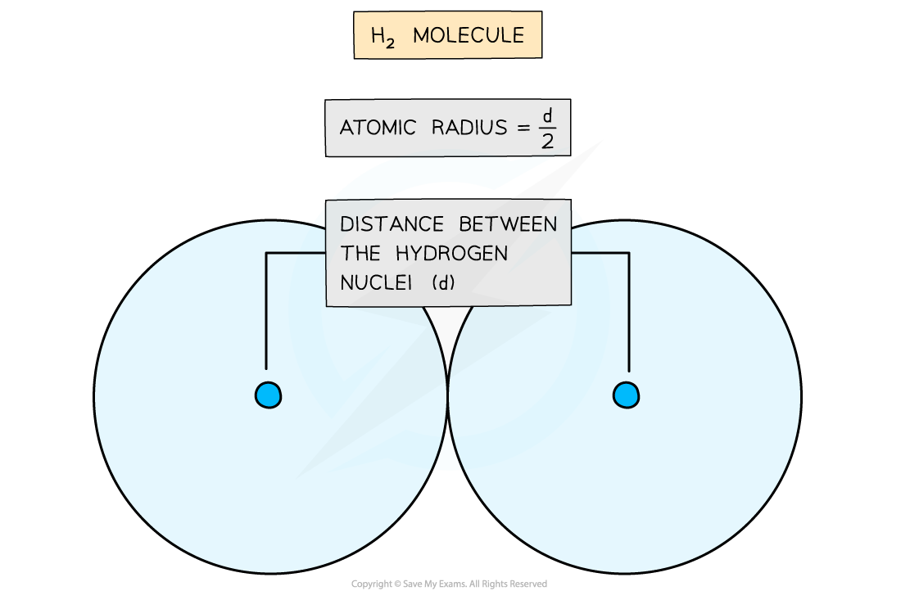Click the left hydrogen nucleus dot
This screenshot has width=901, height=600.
pyautogui.click(x=268, y=395)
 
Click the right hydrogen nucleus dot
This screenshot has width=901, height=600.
pyautogui.click(x=626, y=395)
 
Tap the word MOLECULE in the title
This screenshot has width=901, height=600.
pyautogui.click(x=469, y=35)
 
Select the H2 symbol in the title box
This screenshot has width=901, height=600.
pyautogui.click(x=383, y=38)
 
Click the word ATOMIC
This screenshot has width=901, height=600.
pyautogui.click(x=378, y=128)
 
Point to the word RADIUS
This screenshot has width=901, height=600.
pyautogui.click(x=469, y=128)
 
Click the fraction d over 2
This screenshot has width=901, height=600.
pyautogui.click(x=548, y=129)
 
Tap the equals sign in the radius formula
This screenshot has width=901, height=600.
pyautogui.click(x=523, y=128)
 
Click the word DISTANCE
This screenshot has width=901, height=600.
pyautogui.click(x=392, y=224)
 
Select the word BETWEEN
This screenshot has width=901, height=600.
pyautogui.click(x=508, y=224)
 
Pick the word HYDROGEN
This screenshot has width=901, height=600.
pyautogui.click(x=451, y=253)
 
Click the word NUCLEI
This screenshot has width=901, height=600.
pyautogui.click(x=377, y=282)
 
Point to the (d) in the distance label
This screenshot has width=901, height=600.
pyautogui.click(x=443, y=282)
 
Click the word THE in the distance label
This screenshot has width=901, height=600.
pyautogui.click(x=360, y=253)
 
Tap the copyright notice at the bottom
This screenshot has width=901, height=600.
pyautogui.click(x=449, y=584)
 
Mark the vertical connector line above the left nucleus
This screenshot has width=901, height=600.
pyautogui.click(x=266, y=311)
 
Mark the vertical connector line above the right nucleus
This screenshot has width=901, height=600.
pyautogui.click(x=629, y=313)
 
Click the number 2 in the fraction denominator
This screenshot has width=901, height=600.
pyautogui.click(x=548, y=142)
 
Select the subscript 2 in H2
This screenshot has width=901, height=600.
pyautogui.click(x=390, y=43)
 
